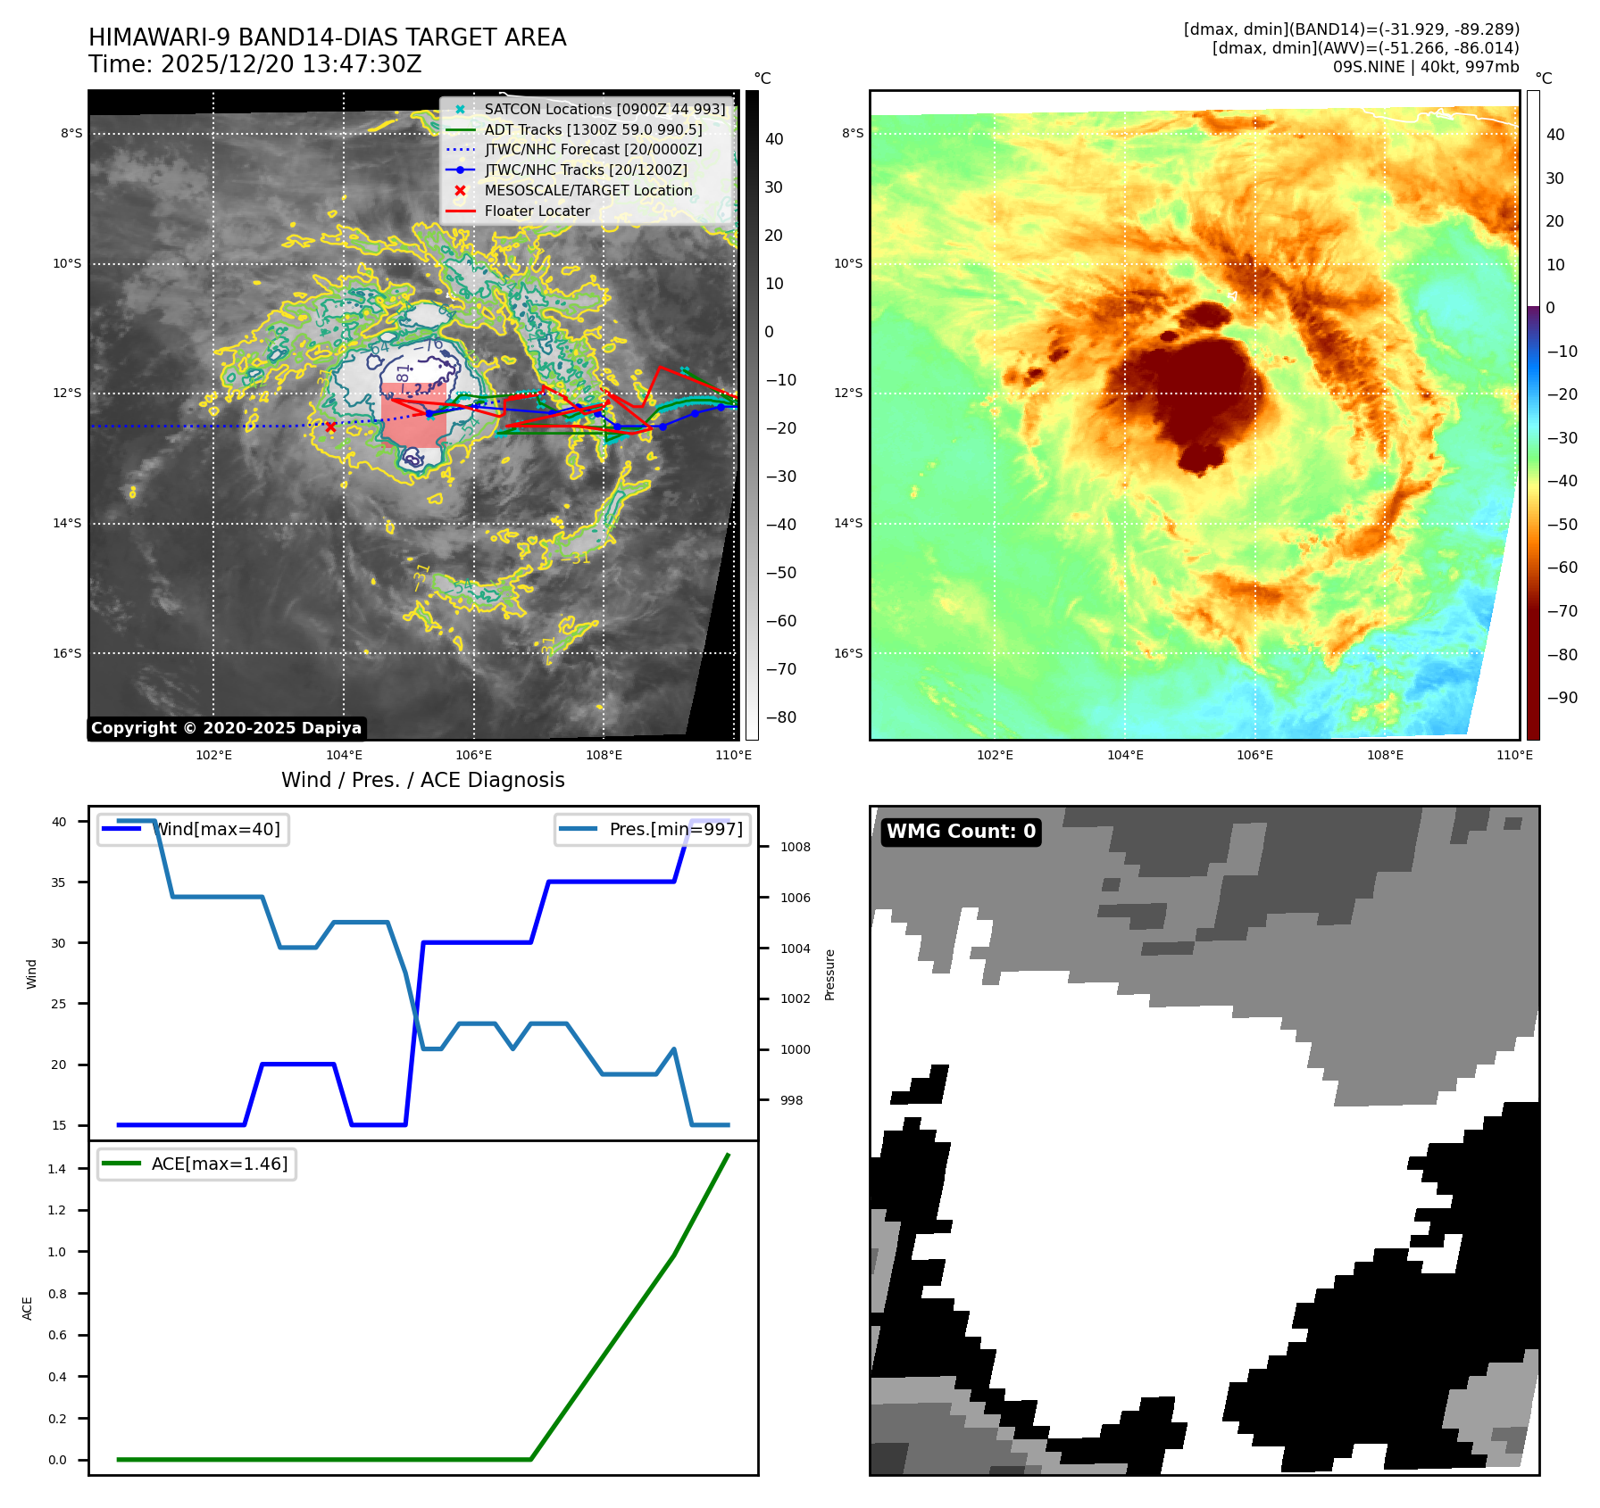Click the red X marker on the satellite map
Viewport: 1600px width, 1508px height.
point(330,427)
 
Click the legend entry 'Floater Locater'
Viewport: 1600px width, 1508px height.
point(537,211)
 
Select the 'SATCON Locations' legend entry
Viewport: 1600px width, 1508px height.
point(604,110)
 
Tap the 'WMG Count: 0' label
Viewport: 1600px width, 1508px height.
point(961,832)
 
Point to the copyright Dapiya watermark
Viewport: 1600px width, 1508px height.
point(226,728)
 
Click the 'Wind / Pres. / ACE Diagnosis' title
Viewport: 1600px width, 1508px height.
point(422,781)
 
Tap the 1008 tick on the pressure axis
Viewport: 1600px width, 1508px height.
point(795,848)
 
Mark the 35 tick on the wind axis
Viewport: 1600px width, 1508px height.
point(59,882)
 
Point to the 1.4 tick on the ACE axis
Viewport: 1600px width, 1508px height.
point(57,1169)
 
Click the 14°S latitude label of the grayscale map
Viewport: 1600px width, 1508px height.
point(67,524)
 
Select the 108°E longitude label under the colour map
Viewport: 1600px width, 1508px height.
point(1385,756)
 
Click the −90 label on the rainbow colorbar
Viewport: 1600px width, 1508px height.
point(1562,698)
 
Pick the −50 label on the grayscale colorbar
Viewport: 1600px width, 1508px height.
point(780,573)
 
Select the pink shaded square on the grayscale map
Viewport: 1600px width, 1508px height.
point(413,415)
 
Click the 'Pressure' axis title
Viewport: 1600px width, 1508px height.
point(830,974)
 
